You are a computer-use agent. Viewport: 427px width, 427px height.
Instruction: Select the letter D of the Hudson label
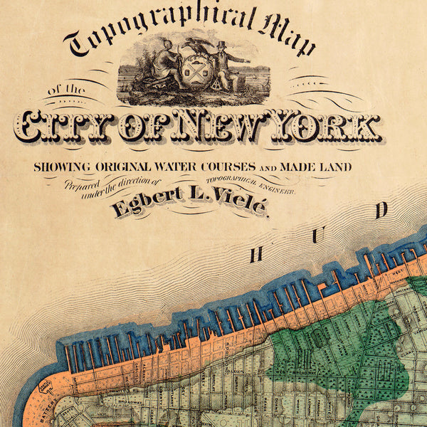[x=382, y=209]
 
